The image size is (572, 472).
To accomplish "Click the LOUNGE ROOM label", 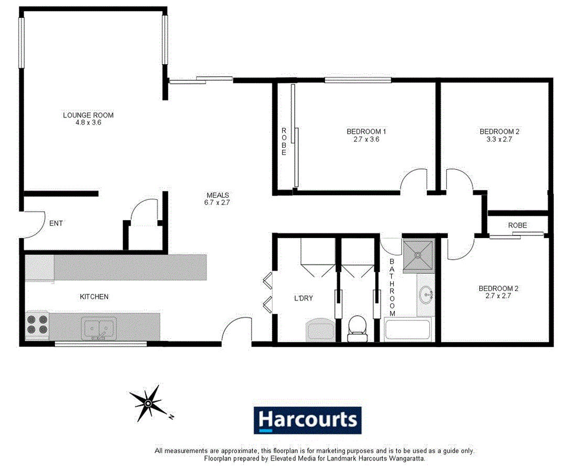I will tap(88, 115).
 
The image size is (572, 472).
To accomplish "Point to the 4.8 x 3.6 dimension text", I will tap(88, 123).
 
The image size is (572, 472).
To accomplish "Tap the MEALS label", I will tap(217, 195).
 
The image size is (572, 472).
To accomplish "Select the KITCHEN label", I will tap(94, 297).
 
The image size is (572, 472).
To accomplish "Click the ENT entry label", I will tap(56, 223).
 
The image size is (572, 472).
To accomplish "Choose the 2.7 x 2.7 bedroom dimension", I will tap(494, 296).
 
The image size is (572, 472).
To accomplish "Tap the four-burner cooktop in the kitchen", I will tap(37, 324).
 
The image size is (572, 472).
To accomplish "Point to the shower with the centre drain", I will tap(418, 255).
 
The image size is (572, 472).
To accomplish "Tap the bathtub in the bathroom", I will tap(407, 331).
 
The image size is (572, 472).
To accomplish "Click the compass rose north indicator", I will tap(148, 403).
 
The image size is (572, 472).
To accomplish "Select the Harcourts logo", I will tap(308, 420).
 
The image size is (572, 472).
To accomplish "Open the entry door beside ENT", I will tap(31, 224).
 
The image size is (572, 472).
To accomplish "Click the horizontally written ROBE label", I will tap(517, 226).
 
